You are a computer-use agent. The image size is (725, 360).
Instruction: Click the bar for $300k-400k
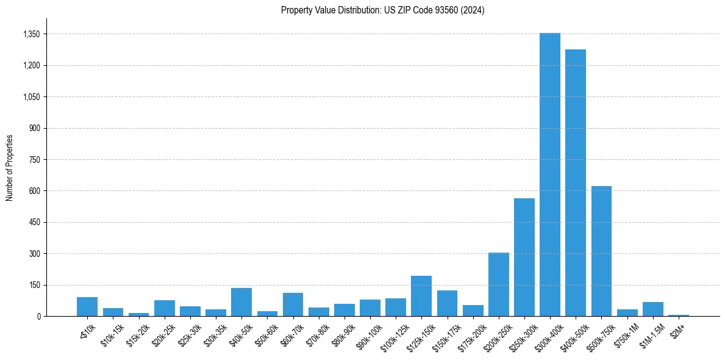coord(549,177)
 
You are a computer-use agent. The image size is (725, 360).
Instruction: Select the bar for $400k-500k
coord(575,183)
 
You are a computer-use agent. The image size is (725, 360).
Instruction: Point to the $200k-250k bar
coord(498,284)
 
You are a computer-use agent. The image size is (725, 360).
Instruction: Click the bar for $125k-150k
coord(421,297)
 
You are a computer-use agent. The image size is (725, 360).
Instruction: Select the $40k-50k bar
coord(241,302)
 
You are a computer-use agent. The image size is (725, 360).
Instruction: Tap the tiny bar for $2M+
coord(678,315)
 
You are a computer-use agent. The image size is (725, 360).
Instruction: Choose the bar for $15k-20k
coord(138,314)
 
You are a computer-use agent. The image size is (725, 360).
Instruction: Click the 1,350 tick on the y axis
coord(31,34)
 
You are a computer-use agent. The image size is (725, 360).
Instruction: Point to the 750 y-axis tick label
coord(34,160)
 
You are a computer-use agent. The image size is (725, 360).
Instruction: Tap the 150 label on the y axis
coord(34,285)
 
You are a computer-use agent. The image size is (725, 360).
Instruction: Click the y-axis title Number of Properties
coord(9,168)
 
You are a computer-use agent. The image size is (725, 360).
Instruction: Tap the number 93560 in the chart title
coord(446,10)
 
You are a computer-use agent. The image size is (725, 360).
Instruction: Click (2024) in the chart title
coord(473,10)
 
